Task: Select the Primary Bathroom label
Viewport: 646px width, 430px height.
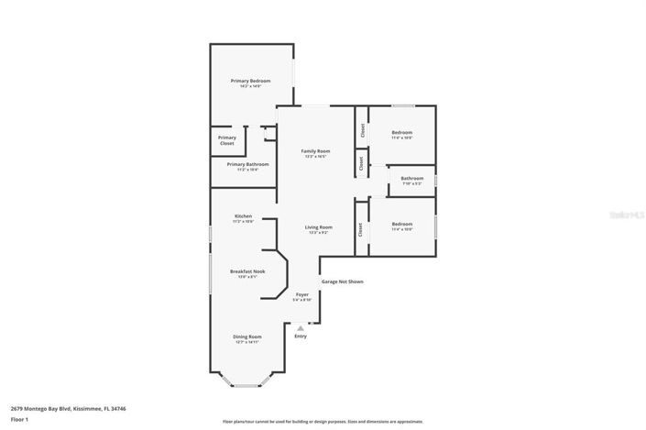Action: click(x=247, y=164)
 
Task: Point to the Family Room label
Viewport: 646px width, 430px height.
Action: click(x=317, y=150)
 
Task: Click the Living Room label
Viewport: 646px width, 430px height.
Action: click(x=318, y=226)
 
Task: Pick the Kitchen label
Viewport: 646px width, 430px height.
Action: click(x=243, y=215)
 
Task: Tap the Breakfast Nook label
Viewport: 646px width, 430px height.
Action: click(x=247, y=271)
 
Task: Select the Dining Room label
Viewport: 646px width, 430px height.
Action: click(x=247, y=336)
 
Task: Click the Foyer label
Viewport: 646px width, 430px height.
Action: click(x=301, y=294)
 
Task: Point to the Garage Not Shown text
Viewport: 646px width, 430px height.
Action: click(x=343, y=281)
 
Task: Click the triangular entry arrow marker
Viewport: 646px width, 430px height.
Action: click(x=300, y=327)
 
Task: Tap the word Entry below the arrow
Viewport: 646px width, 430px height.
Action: click(x=301, y=336)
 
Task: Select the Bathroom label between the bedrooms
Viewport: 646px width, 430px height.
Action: click(x=411, y=178)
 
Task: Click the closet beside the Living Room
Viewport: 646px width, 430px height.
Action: click(x=360, y=230)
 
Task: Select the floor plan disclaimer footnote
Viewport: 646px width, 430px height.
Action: click(x=323, y=422)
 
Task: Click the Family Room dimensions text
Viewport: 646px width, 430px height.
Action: click(x=316, y=157)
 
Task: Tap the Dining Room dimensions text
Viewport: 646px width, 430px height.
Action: click(x=247, y=342)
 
